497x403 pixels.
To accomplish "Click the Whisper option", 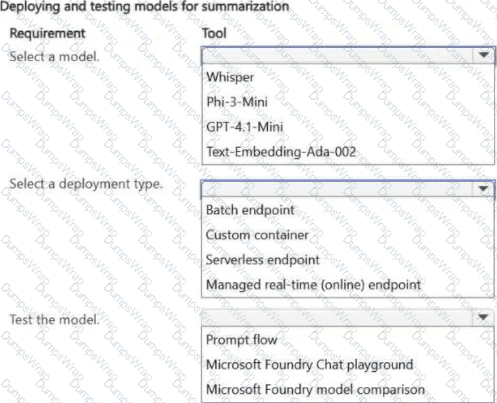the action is pos(230,77).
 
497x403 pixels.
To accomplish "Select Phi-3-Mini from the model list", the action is pos(237,102).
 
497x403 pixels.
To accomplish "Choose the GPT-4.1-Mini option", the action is pos(244,127).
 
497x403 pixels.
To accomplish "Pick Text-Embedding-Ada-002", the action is pos(281,152).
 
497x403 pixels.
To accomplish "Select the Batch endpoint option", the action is pos(250,210).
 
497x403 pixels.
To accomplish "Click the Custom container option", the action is pos(257,235).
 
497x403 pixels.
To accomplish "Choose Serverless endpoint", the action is pos(263,260).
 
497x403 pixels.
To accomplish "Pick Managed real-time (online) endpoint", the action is pos(313,285).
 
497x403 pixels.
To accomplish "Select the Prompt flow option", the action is pos(241,339).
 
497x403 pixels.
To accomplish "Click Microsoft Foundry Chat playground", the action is pos(309,365).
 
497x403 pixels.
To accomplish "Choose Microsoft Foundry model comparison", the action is pos(315,389).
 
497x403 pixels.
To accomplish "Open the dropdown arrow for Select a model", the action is pos(483,55).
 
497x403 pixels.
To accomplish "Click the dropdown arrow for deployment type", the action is pos(483,189).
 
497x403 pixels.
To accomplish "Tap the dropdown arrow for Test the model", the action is pos(483,317).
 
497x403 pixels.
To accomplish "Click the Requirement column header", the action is pos(47,33).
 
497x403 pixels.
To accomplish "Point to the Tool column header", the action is pos(214,33).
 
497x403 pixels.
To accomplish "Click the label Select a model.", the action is pos(54,56).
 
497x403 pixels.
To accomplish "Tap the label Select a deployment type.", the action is pos(86,184).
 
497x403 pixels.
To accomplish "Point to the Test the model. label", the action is pos(54,320).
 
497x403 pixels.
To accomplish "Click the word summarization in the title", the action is pos(245,7).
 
